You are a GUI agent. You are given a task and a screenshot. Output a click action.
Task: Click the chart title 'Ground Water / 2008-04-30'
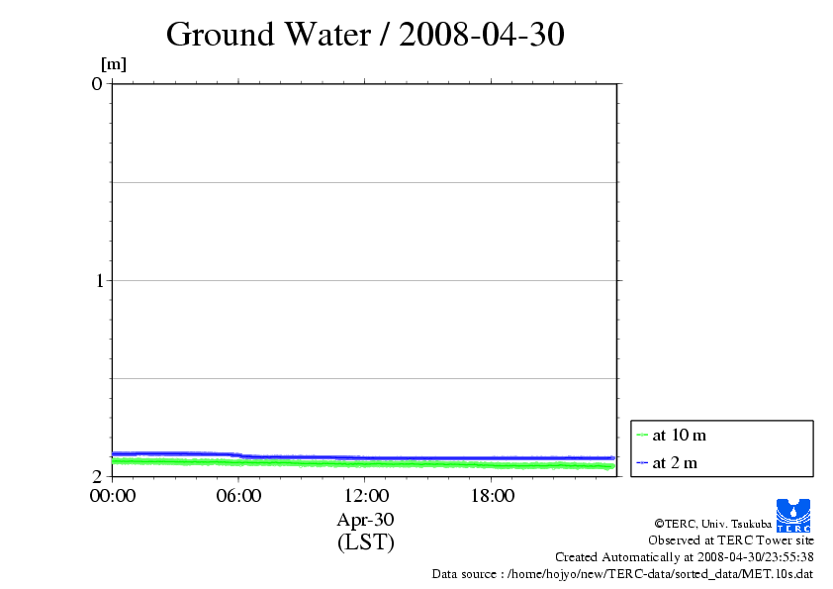pyautogui.click(x=365, y=35)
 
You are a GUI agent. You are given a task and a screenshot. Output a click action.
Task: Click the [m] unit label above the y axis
pyautogui.click(x=114, y=64)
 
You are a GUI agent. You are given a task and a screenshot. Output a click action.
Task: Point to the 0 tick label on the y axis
pyautogui.click(x=97, y=83)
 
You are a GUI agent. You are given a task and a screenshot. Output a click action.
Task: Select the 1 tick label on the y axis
pyautogui.click(x=97, y=280)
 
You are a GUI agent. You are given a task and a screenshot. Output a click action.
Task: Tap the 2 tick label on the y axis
pyautogui.click(x=97, y=476)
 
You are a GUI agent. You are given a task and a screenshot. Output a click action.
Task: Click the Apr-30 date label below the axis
pyautogui.click(x=365, y=519)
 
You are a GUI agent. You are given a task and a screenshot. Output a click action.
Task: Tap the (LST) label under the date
pyautogui.click(x=365, y=542)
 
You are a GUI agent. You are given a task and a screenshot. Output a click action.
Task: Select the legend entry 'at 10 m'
pyautogui.click(x=679, y=435)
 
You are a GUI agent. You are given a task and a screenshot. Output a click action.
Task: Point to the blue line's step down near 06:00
pyautogui.click(x=240, y=455)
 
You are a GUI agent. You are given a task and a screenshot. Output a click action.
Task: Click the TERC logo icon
pyautogui.click(x=793, y=516)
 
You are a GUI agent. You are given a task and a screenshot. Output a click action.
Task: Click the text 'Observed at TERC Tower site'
pyautogui.click(x=730, y=540)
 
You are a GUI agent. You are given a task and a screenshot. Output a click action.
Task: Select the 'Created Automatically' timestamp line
pyautogui.click(x=684, y=557)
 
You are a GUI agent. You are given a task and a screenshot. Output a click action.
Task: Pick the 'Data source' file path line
pyautogui.click(x=622, y=574)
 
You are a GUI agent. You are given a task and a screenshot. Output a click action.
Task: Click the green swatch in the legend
pyautogui.click(x=642, y=435)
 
